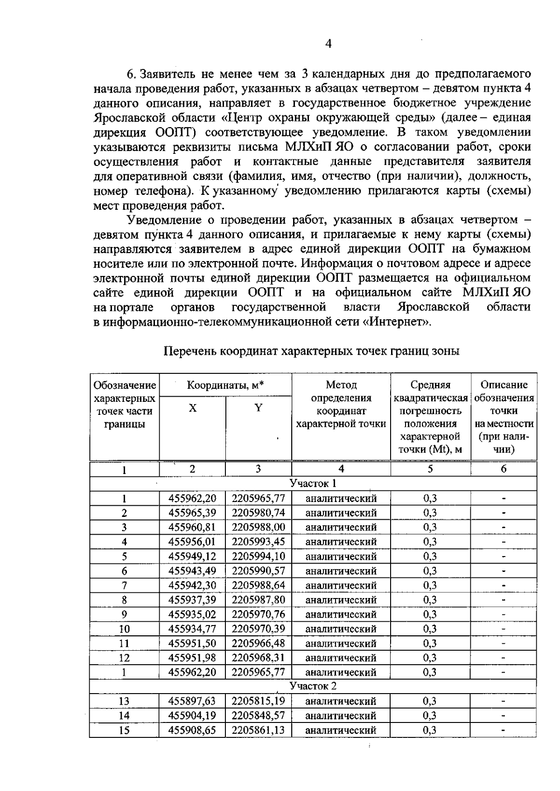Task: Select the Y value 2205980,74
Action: (x=258, y=513)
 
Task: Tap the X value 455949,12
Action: (x=192, y=556)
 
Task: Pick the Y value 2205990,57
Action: (x=258, y=571)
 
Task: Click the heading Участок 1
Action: (x=313, y=483)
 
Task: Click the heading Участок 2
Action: (x=313, y=686)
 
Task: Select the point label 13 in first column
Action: (x=124, y=701)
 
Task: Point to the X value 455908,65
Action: (x=192, y=730)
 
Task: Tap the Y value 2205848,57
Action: (x=258, y=715)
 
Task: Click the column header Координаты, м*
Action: (x=225, y=385)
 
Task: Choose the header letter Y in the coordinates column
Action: (x=258, y=408)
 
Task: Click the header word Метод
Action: (x=341, y=385)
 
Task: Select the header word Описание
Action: (x=504, y=385)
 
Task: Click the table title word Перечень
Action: (x=190, y=351)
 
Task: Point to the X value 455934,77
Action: (x=192, y=629)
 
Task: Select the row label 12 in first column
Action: (x=124, y=658)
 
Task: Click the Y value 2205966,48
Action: (x=258, y=643)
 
